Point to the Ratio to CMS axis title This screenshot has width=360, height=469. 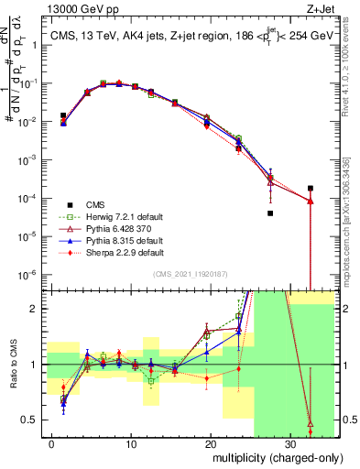tap(13, 365)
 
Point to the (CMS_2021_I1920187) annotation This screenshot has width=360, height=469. tap(190, 273)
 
